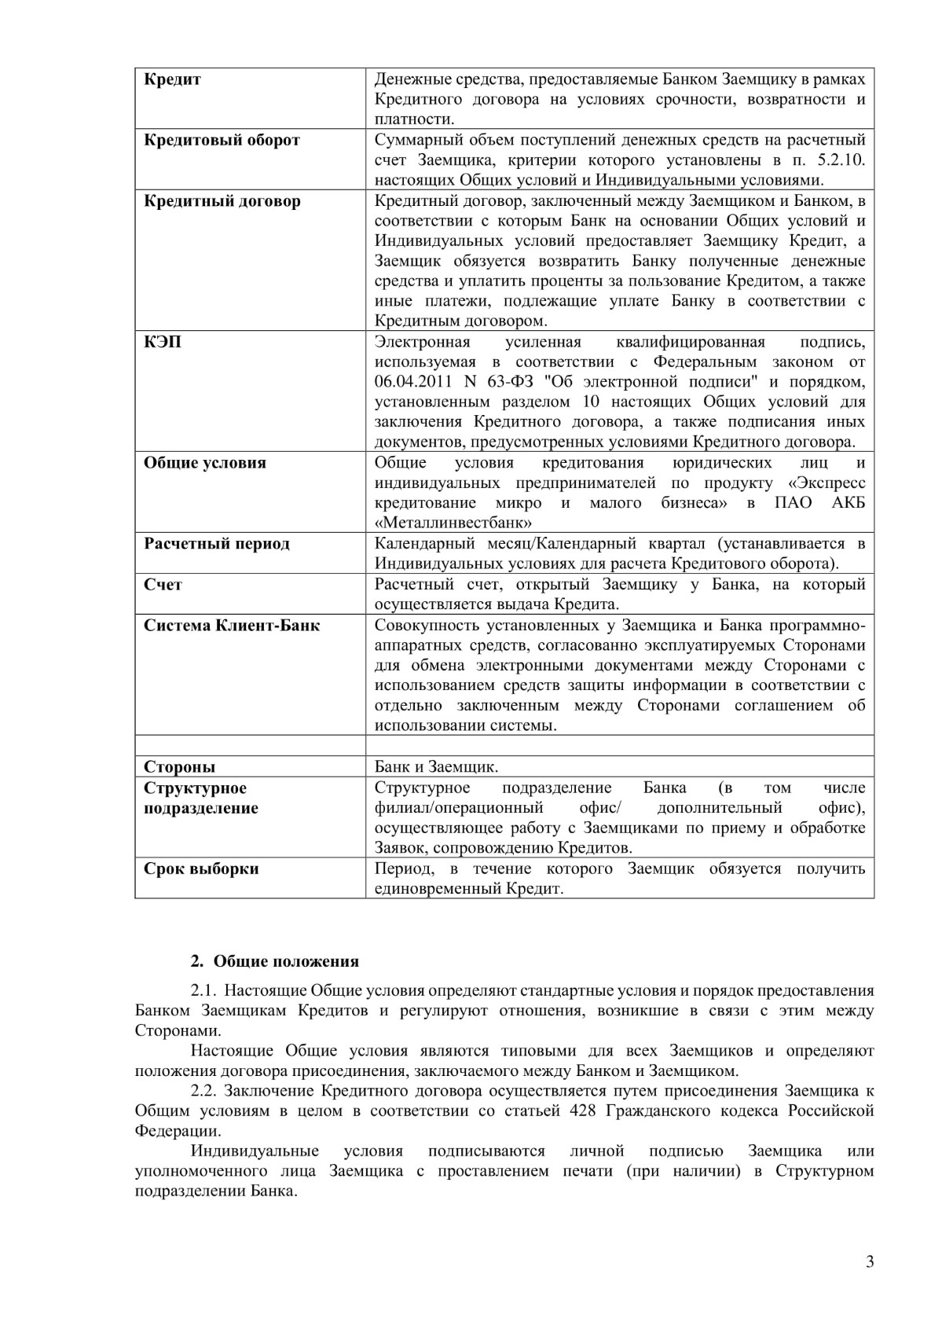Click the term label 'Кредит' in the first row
(x=173, y=79)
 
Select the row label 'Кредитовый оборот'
(x=222, y=140)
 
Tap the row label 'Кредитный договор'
(x=222, y=201)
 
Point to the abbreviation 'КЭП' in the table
(x=163, y=342)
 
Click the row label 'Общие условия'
(x=204, y=463)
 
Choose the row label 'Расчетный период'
(x=217, y=544)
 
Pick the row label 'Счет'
(x=163, y=585)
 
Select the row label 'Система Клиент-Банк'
(x=232, y=626)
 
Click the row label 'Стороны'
(x=179, y=767)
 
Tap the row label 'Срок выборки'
(x=201, y=869)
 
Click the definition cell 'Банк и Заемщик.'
(x=436, y=767)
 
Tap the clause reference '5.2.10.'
(x=838, y=160)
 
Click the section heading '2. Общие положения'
(x=275, y=961)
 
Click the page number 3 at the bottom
(x=869, y=1263)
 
